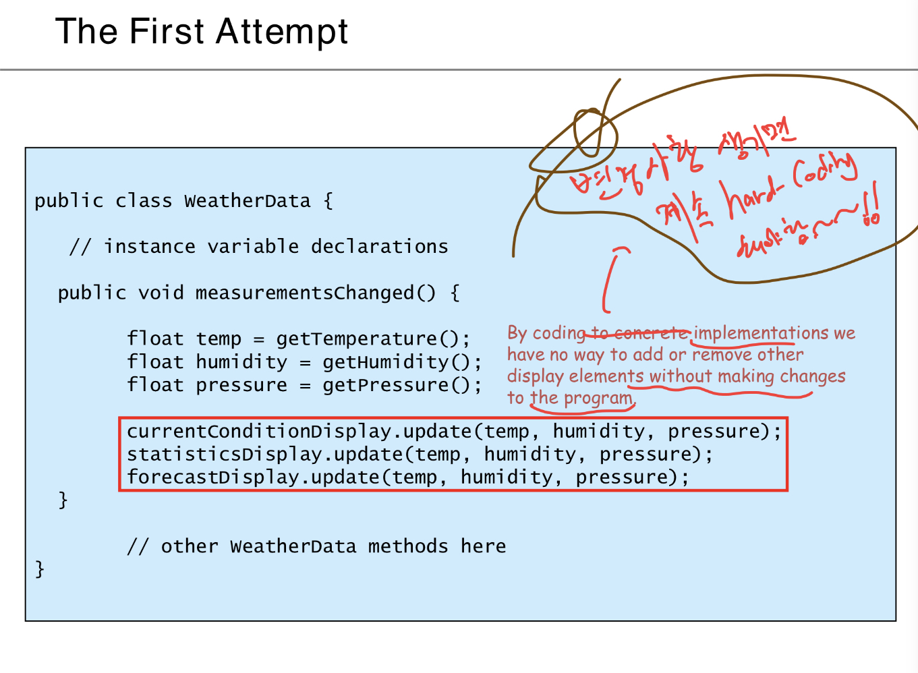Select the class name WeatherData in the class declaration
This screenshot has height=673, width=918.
tap(247, 201)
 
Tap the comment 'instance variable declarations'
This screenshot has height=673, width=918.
tap(275, 247)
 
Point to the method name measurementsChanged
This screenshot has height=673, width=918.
tap(315, 293)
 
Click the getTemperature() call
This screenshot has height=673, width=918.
tap(372, 339)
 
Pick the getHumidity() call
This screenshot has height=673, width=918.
tap(401, 362)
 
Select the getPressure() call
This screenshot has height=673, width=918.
tap(401, 385)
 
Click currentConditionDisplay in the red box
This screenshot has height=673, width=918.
tap(259, 432)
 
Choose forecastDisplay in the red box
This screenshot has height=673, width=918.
tap(212, 477)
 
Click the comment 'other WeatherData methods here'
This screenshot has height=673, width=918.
tap(316, 546)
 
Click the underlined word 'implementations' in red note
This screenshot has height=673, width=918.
tap(761, 333)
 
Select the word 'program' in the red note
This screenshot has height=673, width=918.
tap(598, 399)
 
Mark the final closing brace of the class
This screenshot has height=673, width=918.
tap(40, 569)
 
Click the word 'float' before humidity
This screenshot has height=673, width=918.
tap(155, 362)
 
